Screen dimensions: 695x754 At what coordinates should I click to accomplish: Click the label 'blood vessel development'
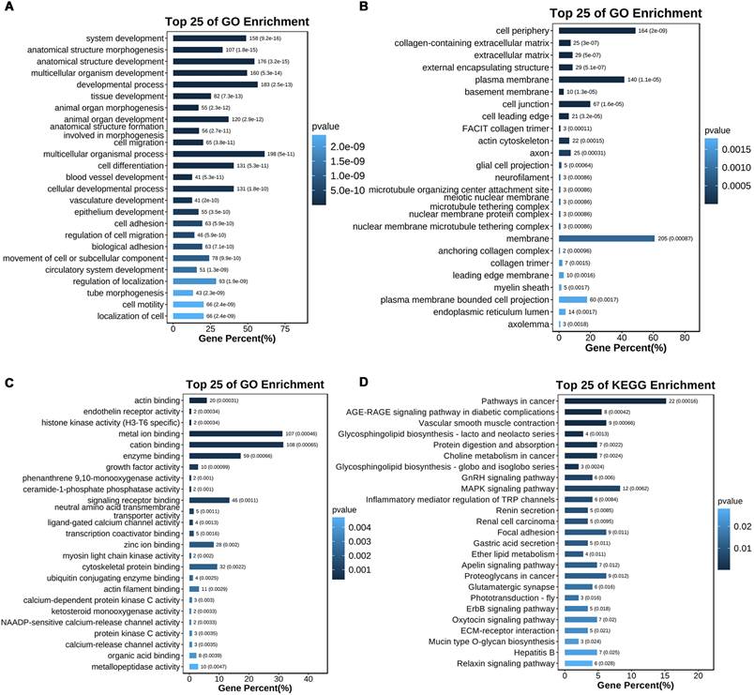click(x=111, y=176)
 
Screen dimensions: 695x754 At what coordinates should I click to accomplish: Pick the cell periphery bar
click(x=596, y=31)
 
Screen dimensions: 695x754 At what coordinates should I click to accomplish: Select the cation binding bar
click(x=235, y=444)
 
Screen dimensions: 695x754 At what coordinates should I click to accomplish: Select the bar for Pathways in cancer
click(x=613, y=400)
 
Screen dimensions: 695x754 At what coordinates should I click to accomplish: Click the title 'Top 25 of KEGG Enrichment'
click(x=634, y=385)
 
